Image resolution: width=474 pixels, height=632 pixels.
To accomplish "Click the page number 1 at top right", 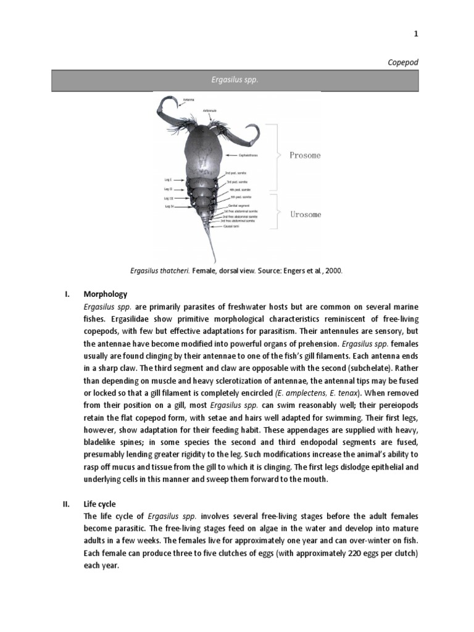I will [x=415, y=35].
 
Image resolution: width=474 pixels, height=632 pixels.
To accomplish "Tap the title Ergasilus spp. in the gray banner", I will [x=235, y=81].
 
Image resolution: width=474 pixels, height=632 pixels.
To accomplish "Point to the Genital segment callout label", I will [x=240, y=204].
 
